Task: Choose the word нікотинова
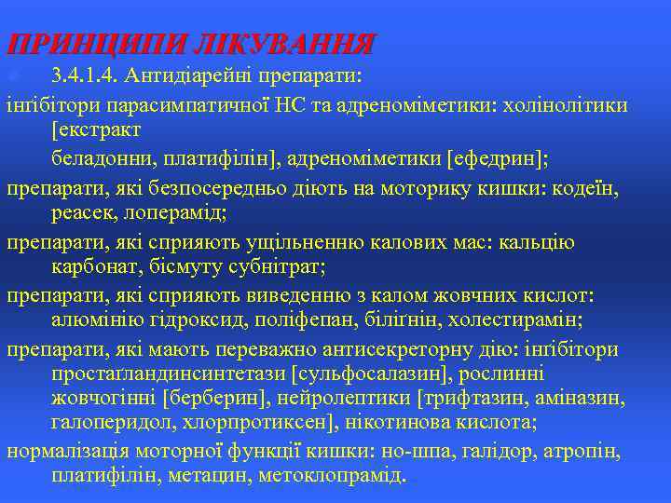pos(418,423)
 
